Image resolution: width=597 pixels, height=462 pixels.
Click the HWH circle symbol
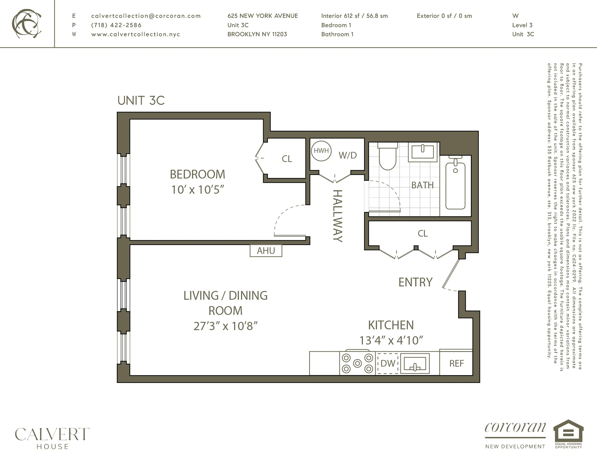(321, 151)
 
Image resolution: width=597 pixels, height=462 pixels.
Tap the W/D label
(347, 155)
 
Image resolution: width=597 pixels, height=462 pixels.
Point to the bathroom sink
(422, 152)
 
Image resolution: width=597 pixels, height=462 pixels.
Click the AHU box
(266, 251)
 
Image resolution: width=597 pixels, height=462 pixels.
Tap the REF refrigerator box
(456, 363)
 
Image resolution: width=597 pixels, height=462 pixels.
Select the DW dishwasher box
(388, 363)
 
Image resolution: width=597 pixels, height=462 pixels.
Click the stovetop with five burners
(357, 363)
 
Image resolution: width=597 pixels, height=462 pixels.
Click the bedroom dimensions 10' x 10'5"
(197, 190)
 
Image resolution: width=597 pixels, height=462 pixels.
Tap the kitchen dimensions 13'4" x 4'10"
(391, 341)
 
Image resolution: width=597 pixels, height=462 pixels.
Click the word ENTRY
(415, 282)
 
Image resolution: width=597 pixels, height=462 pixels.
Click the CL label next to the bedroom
(287, 159)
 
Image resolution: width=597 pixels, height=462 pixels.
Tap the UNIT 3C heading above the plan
(141, 100)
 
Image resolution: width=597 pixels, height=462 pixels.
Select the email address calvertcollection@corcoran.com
(146, 16)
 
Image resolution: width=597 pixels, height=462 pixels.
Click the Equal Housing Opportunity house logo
(568, 434)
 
